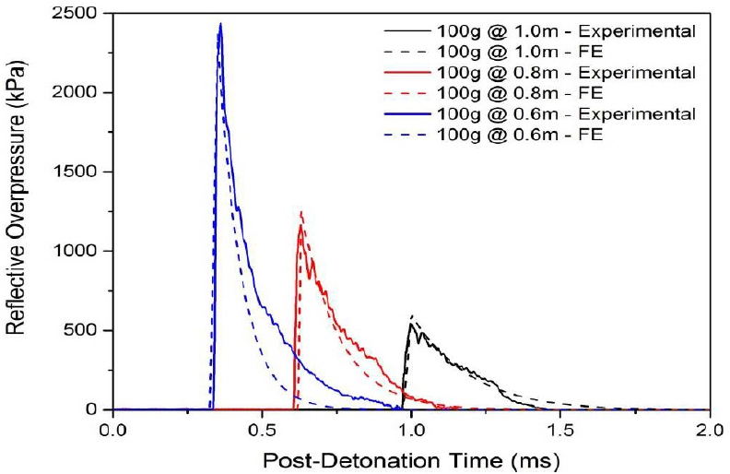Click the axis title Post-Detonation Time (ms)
pos(411,456)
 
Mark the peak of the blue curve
pos(220,24)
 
